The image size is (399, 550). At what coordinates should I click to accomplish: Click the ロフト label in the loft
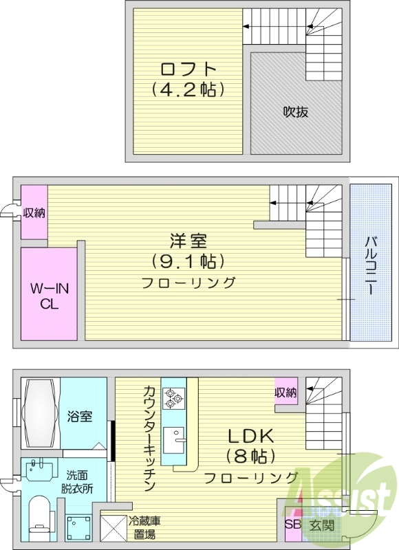188,69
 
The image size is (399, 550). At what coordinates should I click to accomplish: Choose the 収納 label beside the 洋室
34,213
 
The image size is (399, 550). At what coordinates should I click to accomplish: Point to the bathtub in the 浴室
39,414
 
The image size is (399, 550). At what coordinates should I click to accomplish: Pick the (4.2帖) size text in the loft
188,89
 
